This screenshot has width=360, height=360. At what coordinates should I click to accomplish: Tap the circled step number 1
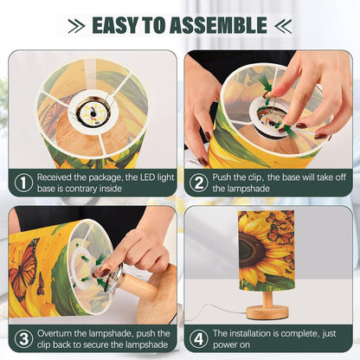click(x=23, y=183)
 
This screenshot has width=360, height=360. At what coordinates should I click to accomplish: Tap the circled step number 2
click(x=199, y=183)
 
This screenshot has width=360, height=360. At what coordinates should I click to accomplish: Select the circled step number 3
click(x=23, y=339)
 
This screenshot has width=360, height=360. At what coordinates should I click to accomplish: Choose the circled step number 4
click(x=199, y=339)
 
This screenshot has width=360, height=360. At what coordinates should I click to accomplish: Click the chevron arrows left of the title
click(x=76, y=26)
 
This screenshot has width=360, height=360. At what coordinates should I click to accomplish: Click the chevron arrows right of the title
click(x=283, y=26)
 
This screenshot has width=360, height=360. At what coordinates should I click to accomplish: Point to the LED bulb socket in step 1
click(x=93, y=112)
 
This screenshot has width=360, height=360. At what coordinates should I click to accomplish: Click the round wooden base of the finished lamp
click(x=267, y=312)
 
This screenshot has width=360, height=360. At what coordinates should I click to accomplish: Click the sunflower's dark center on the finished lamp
click(x=249, y=249)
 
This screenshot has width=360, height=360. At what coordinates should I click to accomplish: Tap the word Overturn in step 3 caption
click(x=55, y=333)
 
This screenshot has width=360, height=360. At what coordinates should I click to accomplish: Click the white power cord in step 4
click(x=218, y=312)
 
